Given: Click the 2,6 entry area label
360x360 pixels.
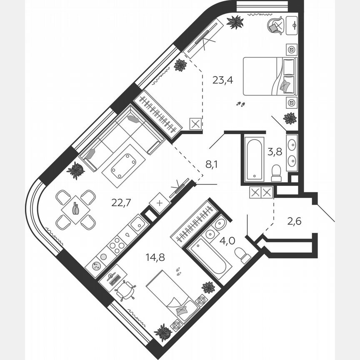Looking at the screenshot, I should [x=295, y=220].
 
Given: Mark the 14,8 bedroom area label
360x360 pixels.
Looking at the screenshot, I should [x=155, y=257].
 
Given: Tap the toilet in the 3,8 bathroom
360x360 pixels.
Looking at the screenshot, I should [x=276, y=173].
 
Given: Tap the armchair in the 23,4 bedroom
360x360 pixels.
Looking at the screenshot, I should [x=275, y=25].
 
